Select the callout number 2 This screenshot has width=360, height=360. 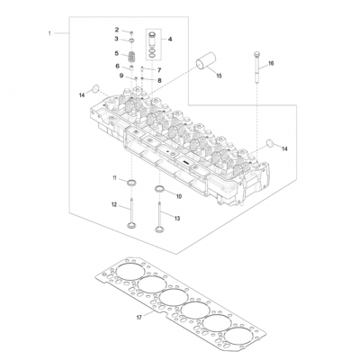pos(117,31)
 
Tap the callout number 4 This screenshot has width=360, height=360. pos(171,40)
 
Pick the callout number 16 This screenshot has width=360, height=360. pos(271,64)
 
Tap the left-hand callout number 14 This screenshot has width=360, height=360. pos(81,94)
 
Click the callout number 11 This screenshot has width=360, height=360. pos(115,180)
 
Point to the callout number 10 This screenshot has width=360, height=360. pos(178,195)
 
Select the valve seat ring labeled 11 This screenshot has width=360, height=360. pos(132,185)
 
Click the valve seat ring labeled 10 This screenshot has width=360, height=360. pos(160,190)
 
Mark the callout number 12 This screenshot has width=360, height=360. pos(114,205)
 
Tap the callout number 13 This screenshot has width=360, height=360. pos(176,219)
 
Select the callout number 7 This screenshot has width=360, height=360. pos(158,69)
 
